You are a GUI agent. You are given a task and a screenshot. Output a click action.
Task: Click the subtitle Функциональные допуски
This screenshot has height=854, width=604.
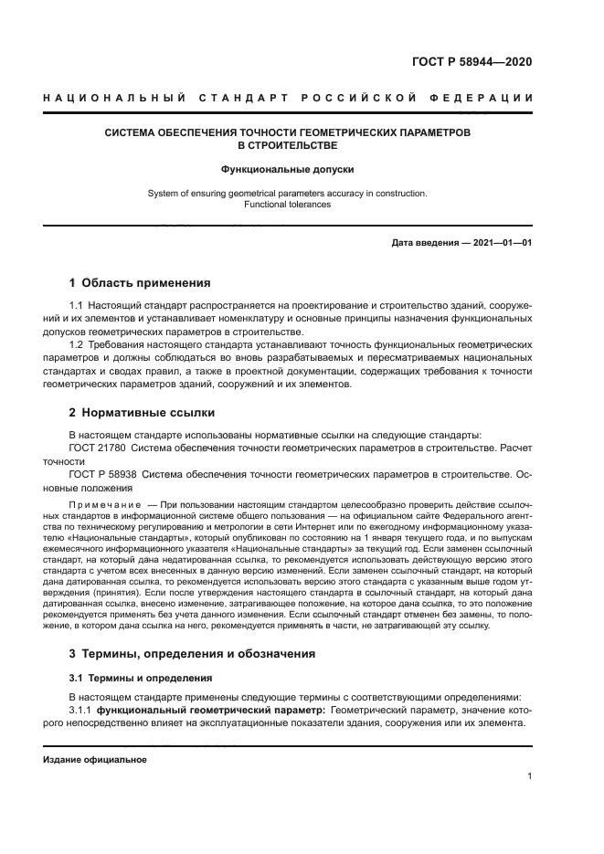(287, 169)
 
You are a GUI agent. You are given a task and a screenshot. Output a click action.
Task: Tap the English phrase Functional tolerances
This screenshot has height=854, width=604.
(287, 205)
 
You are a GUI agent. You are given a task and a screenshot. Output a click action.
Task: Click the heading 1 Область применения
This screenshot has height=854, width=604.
(140, 282)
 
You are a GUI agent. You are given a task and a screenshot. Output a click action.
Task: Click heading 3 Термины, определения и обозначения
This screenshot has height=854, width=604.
(192, 654)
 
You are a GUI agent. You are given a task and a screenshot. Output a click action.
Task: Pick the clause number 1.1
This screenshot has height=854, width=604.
(77, 303)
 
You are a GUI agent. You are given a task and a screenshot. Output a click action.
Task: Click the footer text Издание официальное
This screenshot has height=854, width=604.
(94, 759)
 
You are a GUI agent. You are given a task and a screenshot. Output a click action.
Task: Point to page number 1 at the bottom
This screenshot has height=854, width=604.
(530, 777)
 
